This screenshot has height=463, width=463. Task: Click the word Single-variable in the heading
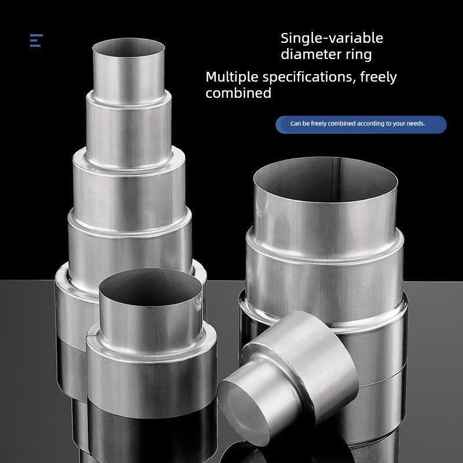[332, 38]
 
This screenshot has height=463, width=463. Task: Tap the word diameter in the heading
[307, 54]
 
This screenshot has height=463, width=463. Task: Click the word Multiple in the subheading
[232, 77]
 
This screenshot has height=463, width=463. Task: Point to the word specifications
[309, 77]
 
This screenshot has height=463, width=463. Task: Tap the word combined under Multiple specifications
[238, 93]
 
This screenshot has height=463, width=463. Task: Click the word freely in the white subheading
[379, 78]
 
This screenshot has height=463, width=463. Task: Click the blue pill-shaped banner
[361, 124]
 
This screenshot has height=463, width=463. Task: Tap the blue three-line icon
[36, 40]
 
